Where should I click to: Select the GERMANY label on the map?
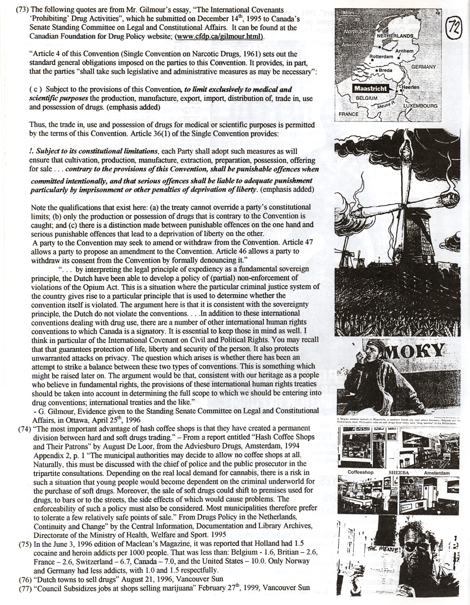(x=424, y=66)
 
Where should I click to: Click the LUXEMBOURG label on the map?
(x=421, y=105)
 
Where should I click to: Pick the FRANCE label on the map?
(x=349, y=114)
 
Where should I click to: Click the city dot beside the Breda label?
(x=377, y=70)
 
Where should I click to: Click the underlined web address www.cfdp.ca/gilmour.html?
(x=219, y=37)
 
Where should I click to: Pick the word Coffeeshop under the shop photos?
(x=362, y=473)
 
